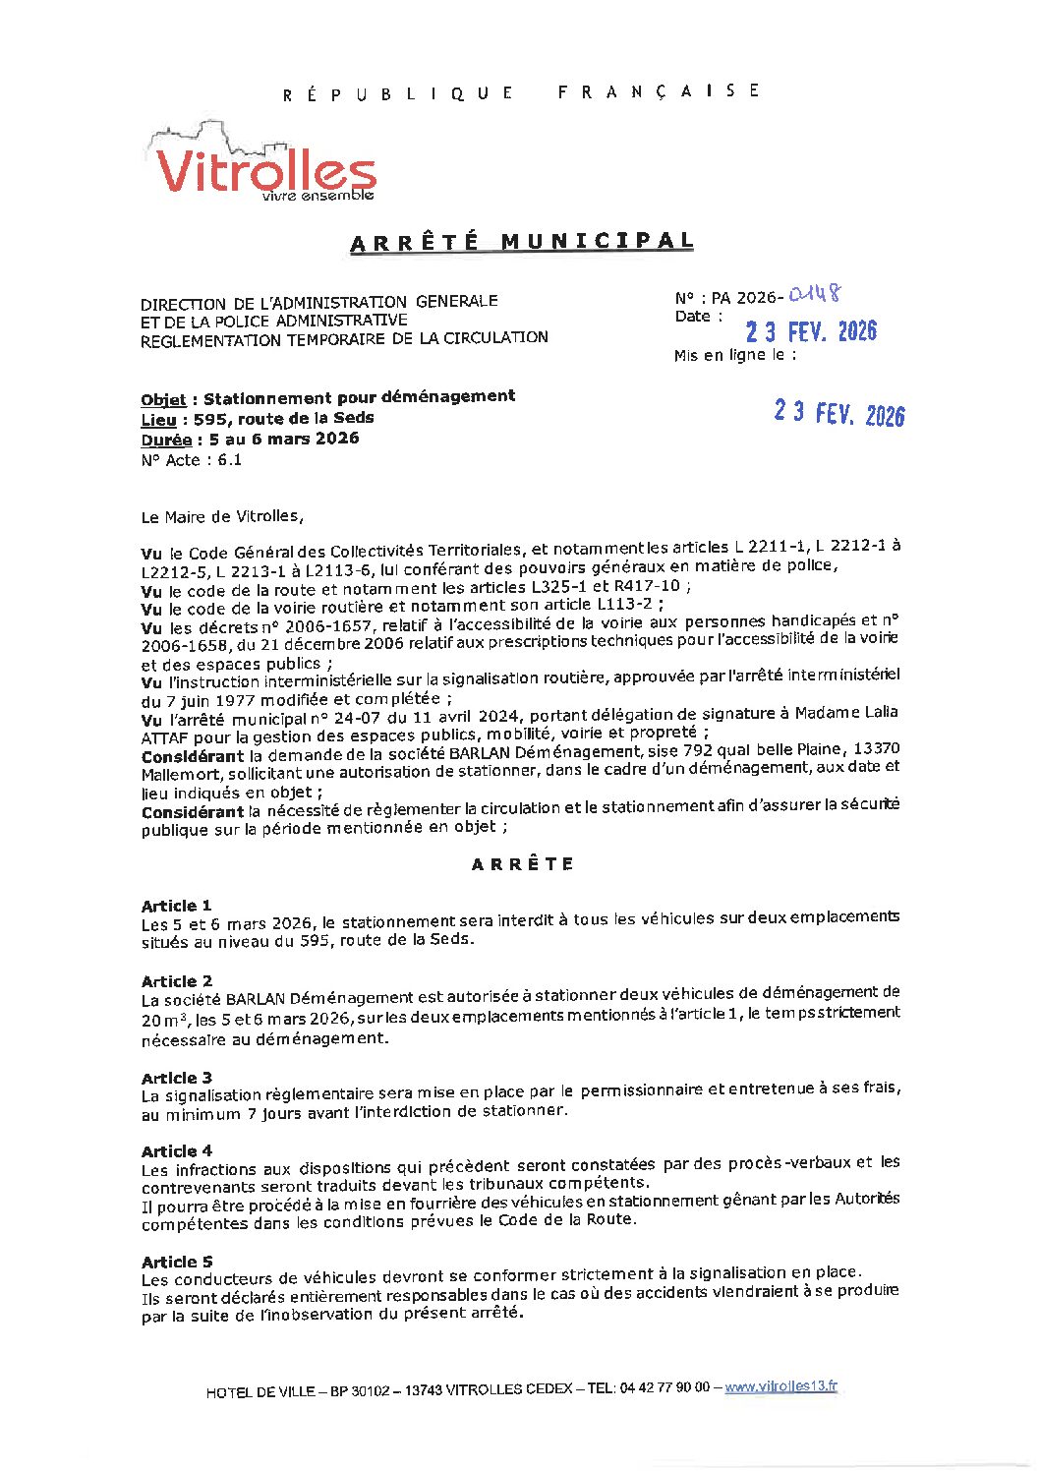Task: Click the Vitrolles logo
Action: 264,167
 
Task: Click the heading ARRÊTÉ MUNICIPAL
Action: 522,242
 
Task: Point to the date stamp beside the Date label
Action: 811,331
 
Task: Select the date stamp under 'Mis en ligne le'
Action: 838,413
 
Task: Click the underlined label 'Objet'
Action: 163,399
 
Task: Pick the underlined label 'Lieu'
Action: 158,419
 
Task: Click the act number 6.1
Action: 229,460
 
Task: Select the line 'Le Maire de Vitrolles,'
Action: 222,516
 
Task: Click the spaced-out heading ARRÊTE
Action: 522,864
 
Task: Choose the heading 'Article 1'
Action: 176,906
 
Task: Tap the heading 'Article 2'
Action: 176,981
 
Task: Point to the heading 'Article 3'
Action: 176,1078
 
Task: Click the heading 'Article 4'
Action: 176,1151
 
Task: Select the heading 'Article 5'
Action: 176,1262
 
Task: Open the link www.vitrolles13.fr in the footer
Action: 781,1387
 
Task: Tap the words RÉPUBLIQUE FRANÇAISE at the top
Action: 522,92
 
